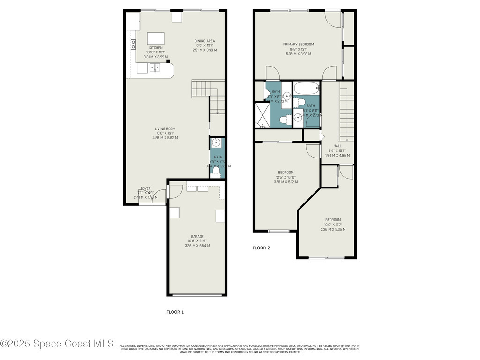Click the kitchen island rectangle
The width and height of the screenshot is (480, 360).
point(156,38)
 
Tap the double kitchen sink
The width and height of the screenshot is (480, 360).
point(155,68)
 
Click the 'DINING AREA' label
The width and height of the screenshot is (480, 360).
point(204,41)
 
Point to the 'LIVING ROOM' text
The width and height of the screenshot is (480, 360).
point(165,129)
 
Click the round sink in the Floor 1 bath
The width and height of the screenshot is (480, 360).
point(216,142)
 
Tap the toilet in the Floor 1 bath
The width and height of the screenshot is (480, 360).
point(217,173)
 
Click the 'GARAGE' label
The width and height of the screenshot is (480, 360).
point(197,237)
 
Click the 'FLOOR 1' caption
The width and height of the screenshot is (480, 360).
point(175,312)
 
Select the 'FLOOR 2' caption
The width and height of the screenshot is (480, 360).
point(261,248)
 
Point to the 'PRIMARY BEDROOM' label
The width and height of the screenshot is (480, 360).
point(298,45)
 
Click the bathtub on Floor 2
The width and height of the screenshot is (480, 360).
point(307,88)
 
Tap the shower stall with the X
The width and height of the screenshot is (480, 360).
point(262,115)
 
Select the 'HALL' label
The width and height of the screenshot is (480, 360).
point(337,146)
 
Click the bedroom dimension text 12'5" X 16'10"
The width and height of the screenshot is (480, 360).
point(285,177)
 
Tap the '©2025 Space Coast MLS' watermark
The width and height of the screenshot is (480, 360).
point(57,344)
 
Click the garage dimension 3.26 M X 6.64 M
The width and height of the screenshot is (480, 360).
point(197,246)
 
